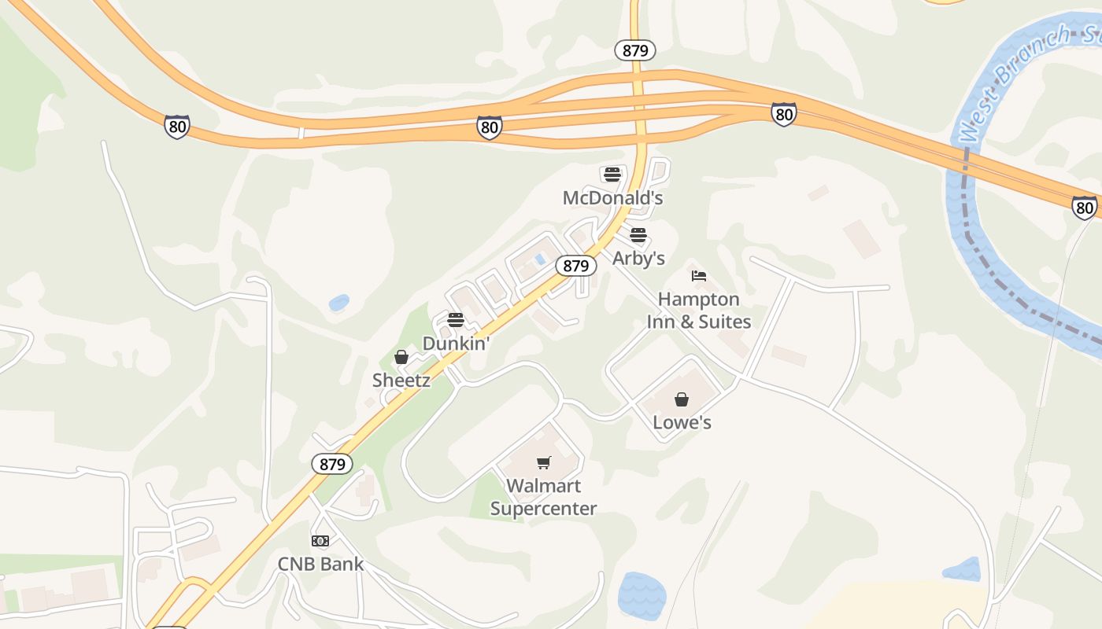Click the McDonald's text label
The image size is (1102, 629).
tap(612, 197)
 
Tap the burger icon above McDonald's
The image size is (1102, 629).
tap(612, 175)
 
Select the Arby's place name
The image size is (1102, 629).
tap(638, 258)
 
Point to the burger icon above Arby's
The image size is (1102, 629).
tap(638, 235)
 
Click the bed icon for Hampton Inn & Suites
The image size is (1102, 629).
tap(699, 276)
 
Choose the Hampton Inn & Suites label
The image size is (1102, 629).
tap(699, 311)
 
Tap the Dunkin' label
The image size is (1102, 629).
tap(457, 343)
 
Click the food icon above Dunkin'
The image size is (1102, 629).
tap(456, 320)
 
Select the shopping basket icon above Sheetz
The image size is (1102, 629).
tap(401, 357)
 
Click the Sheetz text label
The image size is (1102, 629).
tap(401, 380)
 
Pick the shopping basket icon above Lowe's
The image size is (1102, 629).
tap(682, 399)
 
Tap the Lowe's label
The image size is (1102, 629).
tap(682, 422)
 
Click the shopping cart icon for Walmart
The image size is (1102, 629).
tap(543, 462)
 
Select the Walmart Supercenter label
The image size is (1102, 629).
tap(543, 497)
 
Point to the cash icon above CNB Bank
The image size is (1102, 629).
tap(320, 541)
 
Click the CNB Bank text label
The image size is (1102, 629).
tap(320, 564)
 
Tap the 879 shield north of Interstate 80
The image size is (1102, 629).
tap(635, 51)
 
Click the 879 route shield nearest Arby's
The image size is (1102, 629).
tap(576, 266)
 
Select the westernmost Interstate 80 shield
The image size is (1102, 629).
tap(177, 126)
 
